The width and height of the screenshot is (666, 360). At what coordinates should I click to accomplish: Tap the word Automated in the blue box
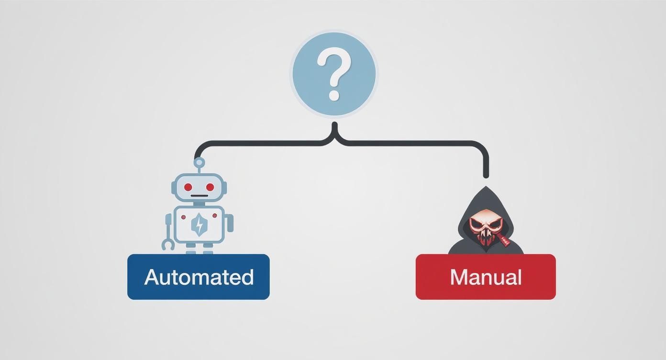(x=199, y=277)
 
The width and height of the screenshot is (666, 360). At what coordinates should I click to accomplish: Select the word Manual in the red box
(x=486, y=277)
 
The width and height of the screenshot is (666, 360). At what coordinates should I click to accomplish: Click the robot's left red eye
(x=188, y=187)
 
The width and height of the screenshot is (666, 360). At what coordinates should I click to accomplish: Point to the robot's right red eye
(x=210, y=187)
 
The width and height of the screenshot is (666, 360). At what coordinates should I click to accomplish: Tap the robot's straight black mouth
(x=199, y=196)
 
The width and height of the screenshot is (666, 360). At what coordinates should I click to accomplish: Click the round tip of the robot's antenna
(x=199, y=162)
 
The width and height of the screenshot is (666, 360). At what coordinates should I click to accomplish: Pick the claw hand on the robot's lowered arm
(x=168, y=244)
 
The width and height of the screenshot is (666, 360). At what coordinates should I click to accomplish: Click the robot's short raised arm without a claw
(x=230, y=223)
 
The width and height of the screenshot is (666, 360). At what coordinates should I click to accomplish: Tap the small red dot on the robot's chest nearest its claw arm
(x=183, y=217)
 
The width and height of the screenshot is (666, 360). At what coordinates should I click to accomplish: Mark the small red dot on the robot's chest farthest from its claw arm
(x=214, y=215)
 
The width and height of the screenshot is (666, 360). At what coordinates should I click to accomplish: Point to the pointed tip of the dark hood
(x=486, y=188)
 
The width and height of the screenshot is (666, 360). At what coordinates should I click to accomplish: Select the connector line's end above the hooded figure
(x=486, y=175)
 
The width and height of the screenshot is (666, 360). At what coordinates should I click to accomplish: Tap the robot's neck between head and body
(x=199, y=203)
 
